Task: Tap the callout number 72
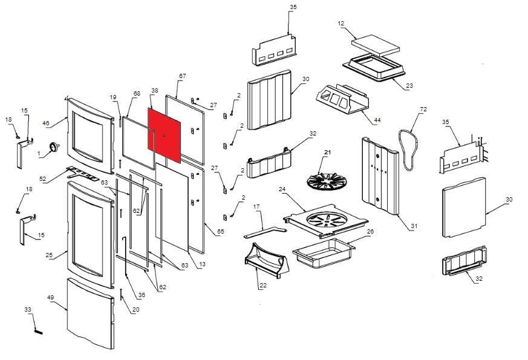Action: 423,109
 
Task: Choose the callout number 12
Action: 341,24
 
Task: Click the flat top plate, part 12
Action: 376,44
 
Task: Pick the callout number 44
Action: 377,120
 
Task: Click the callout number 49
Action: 51,298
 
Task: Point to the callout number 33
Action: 28,310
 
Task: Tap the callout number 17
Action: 256,207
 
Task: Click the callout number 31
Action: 414,226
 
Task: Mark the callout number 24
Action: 282,189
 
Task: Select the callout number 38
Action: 155,91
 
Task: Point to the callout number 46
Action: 45,123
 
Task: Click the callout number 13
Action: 202,264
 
